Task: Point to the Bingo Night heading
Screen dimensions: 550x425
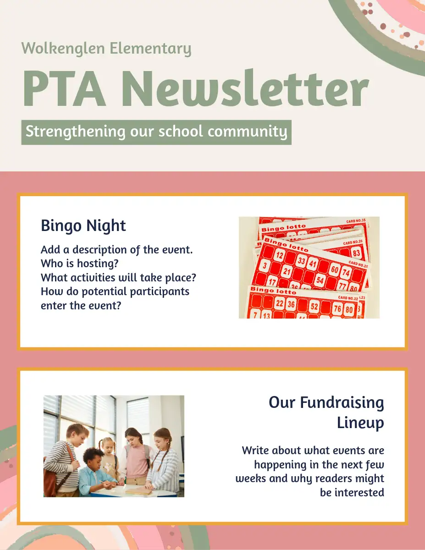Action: point(83,225)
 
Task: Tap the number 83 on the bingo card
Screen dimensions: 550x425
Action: point(357,253)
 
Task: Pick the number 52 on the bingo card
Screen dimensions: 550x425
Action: point(315,307)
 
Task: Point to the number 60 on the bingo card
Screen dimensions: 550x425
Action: point(335,270)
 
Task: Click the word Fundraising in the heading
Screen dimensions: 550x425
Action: point(342,402)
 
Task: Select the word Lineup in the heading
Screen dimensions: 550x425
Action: point(360,423)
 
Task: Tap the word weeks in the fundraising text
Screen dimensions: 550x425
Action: point(250,479)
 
